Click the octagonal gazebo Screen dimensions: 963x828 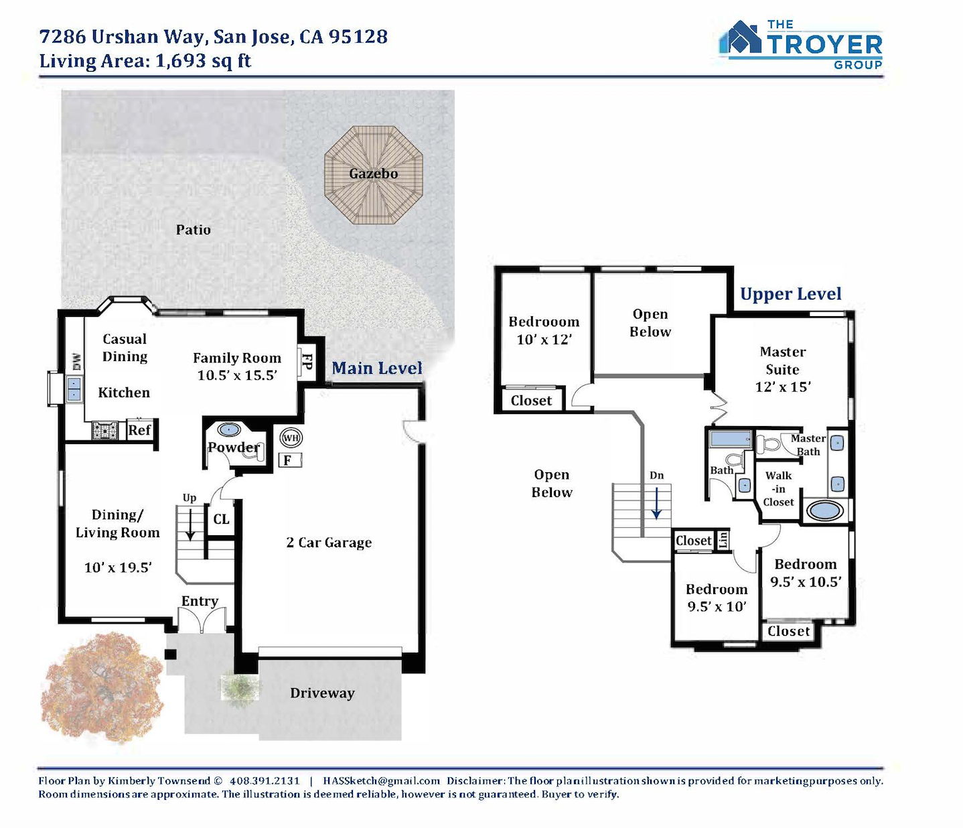pyautogui.click(x=374, y=175)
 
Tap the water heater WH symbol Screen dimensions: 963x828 pyautogui.click(x=291, y=438)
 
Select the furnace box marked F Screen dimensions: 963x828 pyautogui.click(x=290, y=460)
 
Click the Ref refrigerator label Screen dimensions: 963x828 pyautogui.click(x=139, y=430)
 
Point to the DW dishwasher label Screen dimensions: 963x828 pyautogui.click(x=77, y=362)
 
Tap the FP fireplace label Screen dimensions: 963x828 pyautogui.click(x=307, y=362)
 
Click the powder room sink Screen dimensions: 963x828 pyautogui.click(x=228, y=430)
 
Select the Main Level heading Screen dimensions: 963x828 pyautogui.click(x=376, y=368)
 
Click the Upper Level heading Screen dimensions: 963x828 pyautogui.click(x=791, y=294)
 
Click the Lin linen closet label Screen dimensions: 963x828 pyautogui.click(x=723, y=540)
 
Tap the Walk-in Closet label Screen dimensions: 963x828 pyautogui.click(x=778, y=489)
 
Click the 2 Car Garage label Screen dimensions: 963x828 pyautogui.click(x=329, y=543)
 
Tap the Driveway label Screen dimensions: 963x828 pyautogui.click(x=322, y=693)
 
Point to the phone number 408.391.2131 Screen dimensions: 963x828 pyautogui.click(x=265, y=781)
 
